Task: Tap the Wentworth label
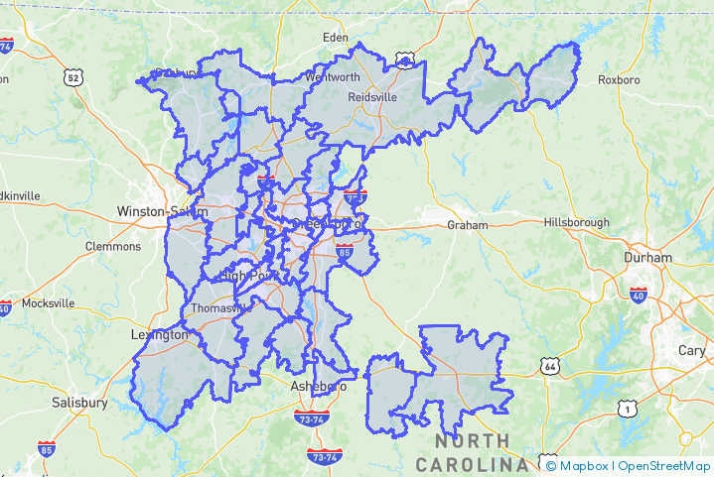click(334, 76)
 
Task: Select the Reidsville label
click(372, 97)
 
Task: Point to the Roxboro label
click(618, 79)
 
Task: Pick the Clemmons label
click(113, 246)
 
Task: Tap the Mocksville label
click(48, 303)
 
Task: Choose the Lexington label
click(159, 335)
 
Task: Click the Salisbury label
click(79, 404)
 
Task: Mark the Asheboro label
click(318, 386)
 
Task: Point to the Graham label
click(468, 225)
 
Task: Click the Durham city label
click(647, 257)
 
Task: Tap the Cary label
click(692, 350)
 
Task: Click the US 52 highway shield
click(72, 76)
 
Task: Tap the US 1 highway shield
click(626, 408)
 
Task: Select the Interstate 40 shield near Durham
click(639, 295)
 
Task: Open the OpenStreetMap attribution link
click(664, 465)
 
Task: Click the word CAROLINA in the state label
click(472, 464)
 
